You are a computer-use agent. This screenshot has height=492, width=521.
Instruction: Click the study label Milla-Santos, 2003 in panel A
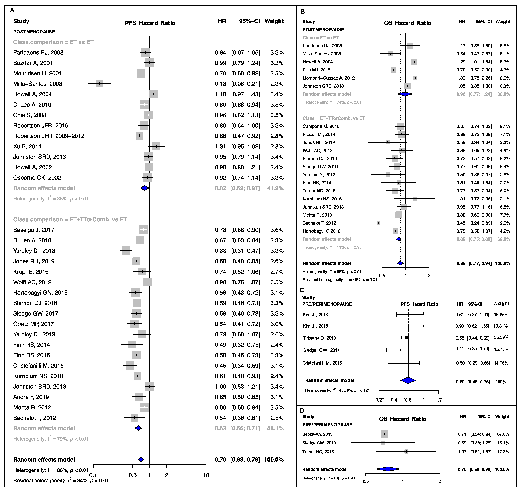pyautogui.click(x=38, y=84)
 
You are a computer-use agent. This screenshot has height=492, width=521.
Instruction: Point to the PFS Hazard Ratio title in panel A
pyautogui.click(x=150, y=23)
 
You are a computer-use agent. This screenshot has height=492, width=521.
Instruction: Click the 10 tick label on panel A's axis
pyautogui.click(x=206, y=475)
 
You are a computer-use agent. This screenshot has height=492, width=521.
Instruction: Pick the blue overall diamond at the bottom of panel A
pyautogui.click(x=141, y=459)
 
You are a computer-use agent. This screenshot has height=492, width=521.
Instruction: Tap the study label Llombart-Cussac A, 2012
pyautogui.click(x=329, y=78)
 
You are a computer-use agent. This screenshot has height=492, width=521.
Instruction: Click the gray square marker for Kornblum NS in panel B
pyautogui.click(x=414, y=199)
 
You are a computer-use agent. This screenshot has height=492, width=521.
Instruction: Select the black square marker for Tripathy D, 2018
pyautogui.click(x=407, y=338)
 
